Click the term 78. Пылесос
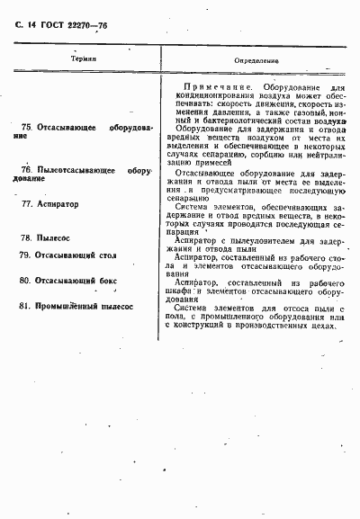pyautogui.click(x=46, y=238)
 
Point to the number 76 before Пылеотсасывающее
pyautogui.click(x=25, y=169)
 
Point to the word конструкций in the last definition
pyautogui.click(x=204, y=326)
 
